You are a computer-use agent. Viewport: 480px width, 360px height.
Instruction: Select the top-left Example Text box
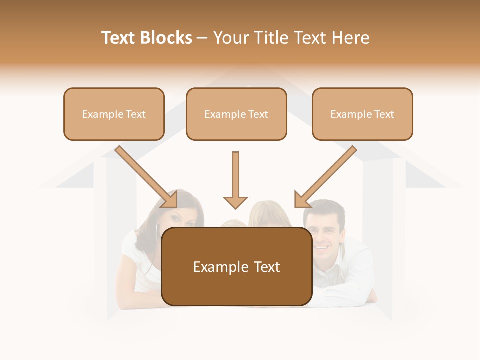tap(114, 114)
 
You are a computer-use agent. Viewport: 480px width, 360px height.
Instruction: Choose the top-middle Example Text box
tap(236, 114)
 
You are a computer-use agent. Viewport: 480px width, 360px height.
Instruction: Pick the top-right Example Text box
tap(362, 114)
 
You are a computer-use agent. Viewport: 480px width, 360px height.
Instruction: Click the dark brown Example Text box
tap(236, 266)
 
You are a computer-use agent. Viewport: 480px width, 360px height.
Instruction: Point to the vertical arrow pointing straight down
tap(235, 180)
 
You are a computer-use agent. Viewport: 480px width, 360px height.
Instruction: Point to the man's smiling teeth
tap(322, 246)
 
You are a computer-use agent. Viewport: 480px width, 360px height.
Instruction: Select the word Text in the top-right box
tap(383, 114)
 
